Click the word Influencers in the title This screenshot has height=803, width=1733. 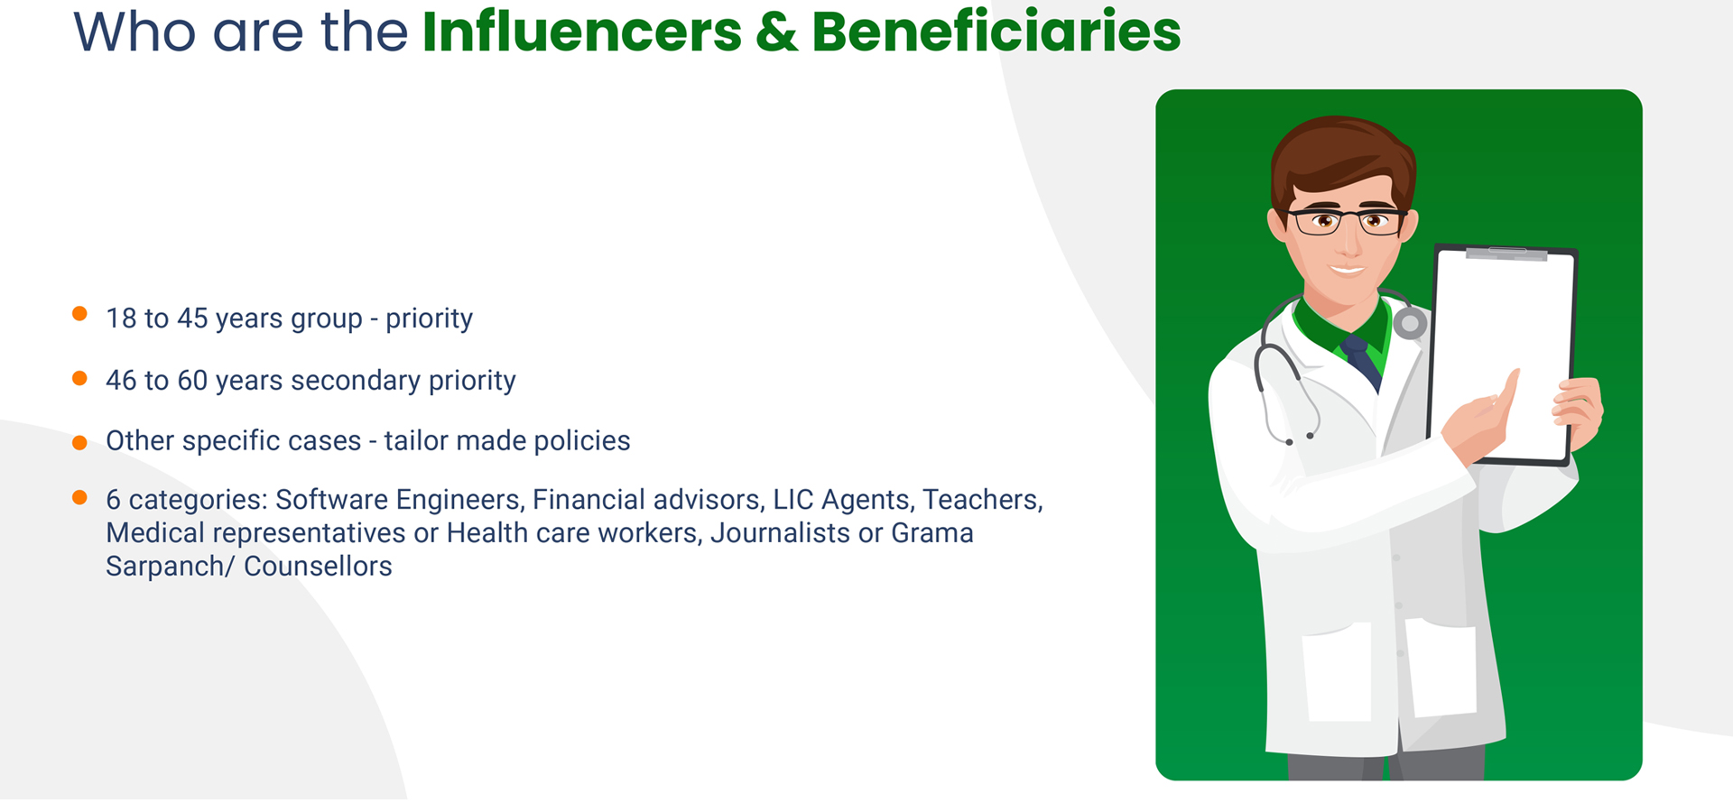coord(582,32)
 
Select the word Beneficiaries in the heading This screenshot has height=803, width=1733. coord(996,32)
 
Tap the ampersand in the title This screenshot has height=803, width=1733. coord(777,32)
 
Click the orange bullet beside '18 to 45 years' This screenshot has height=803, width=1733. coord(79,314)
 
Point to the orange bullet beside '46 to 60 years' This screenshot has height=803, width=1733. coord(79,378)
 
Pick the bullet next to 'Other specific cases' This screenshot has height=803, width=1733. coord(79,442)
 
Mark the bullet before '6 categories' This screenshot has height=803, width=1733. coord(79,497)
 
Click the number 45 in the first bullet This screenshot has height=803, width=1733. coord(192,318)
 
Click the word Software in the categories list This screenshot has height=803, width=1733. coord(331,500)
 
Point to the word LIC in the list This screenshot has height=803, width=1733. coord(792,500)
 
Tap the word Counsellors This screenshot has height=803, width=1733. coord(318,567)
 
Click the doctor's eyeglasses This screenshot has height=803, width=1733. coord(1346,220)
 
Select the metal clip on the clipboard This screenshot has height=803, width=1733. coord(1506,254)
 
